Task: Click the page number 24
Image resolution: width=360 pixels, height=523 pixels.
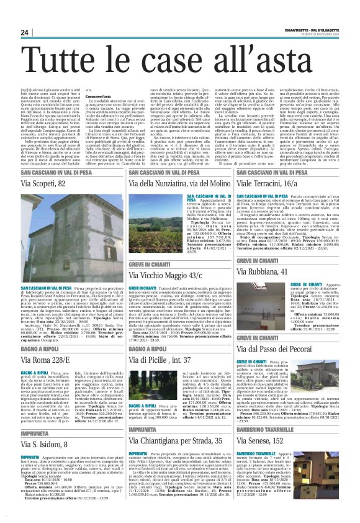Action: coord(25,32)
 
